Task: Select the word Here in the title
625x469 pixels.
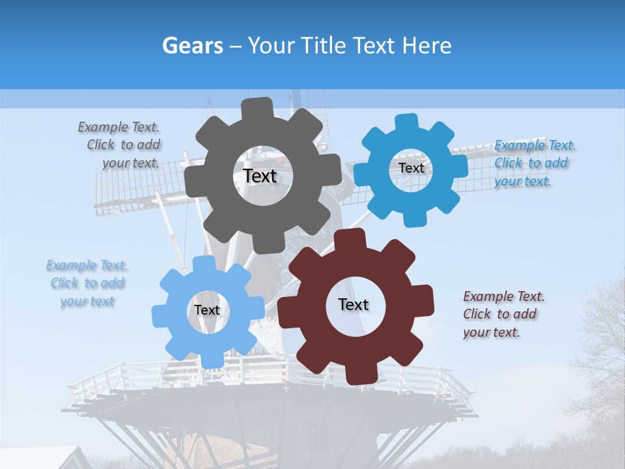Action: [427, 46]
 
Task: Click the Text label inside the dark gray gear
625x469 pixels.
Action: [260, 177]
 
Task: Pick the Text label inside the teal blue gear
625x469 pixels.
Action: [411, 168]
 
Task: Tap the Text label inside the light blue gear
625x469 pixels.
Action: [206, 310]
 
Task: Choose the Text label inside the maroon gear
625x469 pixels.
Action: [354, 304]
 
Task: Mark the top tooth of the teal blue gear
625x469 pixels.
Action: [406, 121]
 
